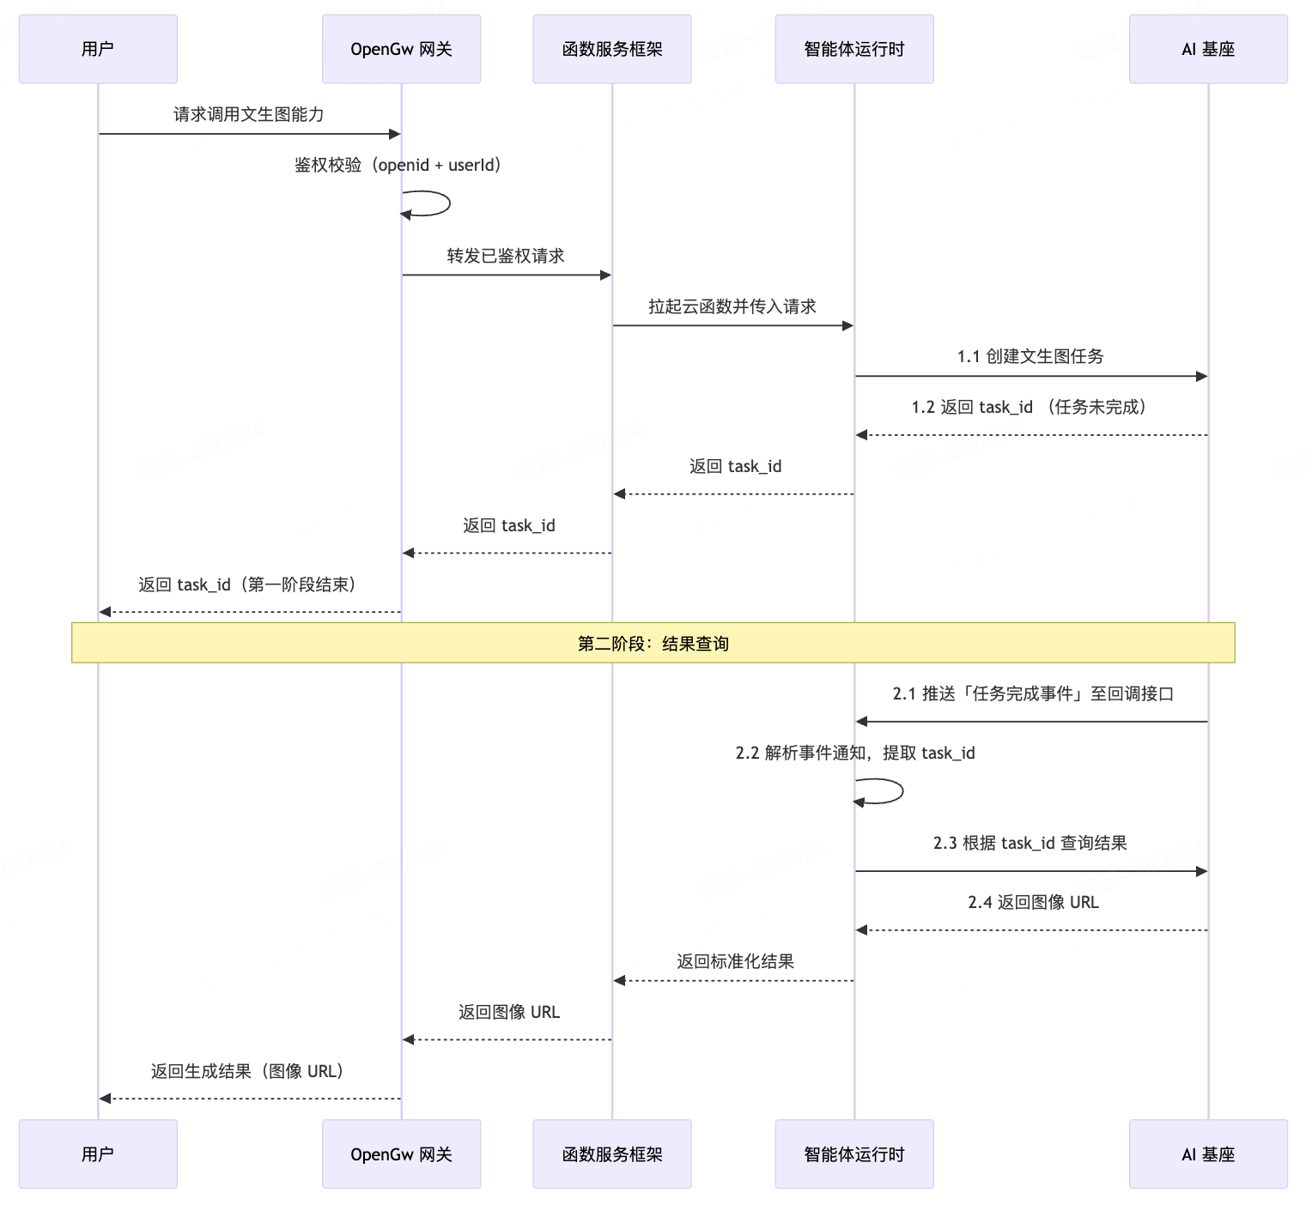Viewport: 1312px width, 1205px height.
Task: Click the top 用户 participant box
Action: [x=98, y=49]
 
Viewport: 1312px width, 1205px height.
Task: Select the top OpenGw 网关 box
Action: [x=401, y=49]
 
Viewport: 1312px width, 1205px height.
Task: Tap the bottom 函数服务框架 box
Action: [x=611, y=1154]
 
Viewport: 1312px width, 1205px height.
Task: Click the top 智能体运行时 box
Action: [x=853, y=49]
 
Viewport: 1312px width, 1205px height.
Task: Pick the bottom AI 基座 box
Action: [x=1207, y=1154]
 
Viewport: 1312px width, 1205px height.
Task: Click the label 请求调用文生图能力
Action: [x=248, y=114]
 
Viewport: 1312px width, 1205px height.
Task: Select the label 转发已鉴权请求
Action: [x=506, y=256]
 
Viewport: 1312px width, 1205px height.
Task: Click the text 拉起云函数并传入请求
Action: [x=732, y=306]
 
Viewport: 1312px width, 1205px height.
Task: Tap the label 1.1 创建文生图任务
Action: [x=1030, y=356]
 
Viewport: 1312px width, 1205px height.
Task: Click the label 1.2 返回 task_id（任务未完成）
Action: [x=1030, y=407]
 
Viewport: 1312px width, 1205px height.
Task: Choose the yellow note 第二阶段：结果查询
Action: [x=653, y=643]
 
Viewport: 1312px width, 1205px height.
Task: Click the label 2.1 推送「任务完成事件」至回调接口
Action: [x=1032, y=693]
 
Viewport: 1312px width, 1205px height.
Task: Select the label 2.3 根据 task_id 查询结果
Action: [x=1030, y=843]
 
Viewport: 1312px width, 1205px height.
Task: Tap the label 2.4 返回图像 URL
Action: [x=1033, y=902]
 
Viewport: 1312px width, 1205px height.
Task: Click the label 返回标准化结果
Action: [x=735, y=961]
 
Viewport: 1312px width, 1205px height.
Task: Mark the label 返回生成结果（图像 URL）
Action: [x=248, y=1071]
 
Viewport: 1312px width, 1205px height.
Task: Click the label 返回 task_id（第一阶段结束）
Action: [x=248, y=584]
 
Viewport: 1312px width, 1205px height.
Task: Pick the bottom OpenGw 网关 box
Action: [x=401, y=1154]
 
